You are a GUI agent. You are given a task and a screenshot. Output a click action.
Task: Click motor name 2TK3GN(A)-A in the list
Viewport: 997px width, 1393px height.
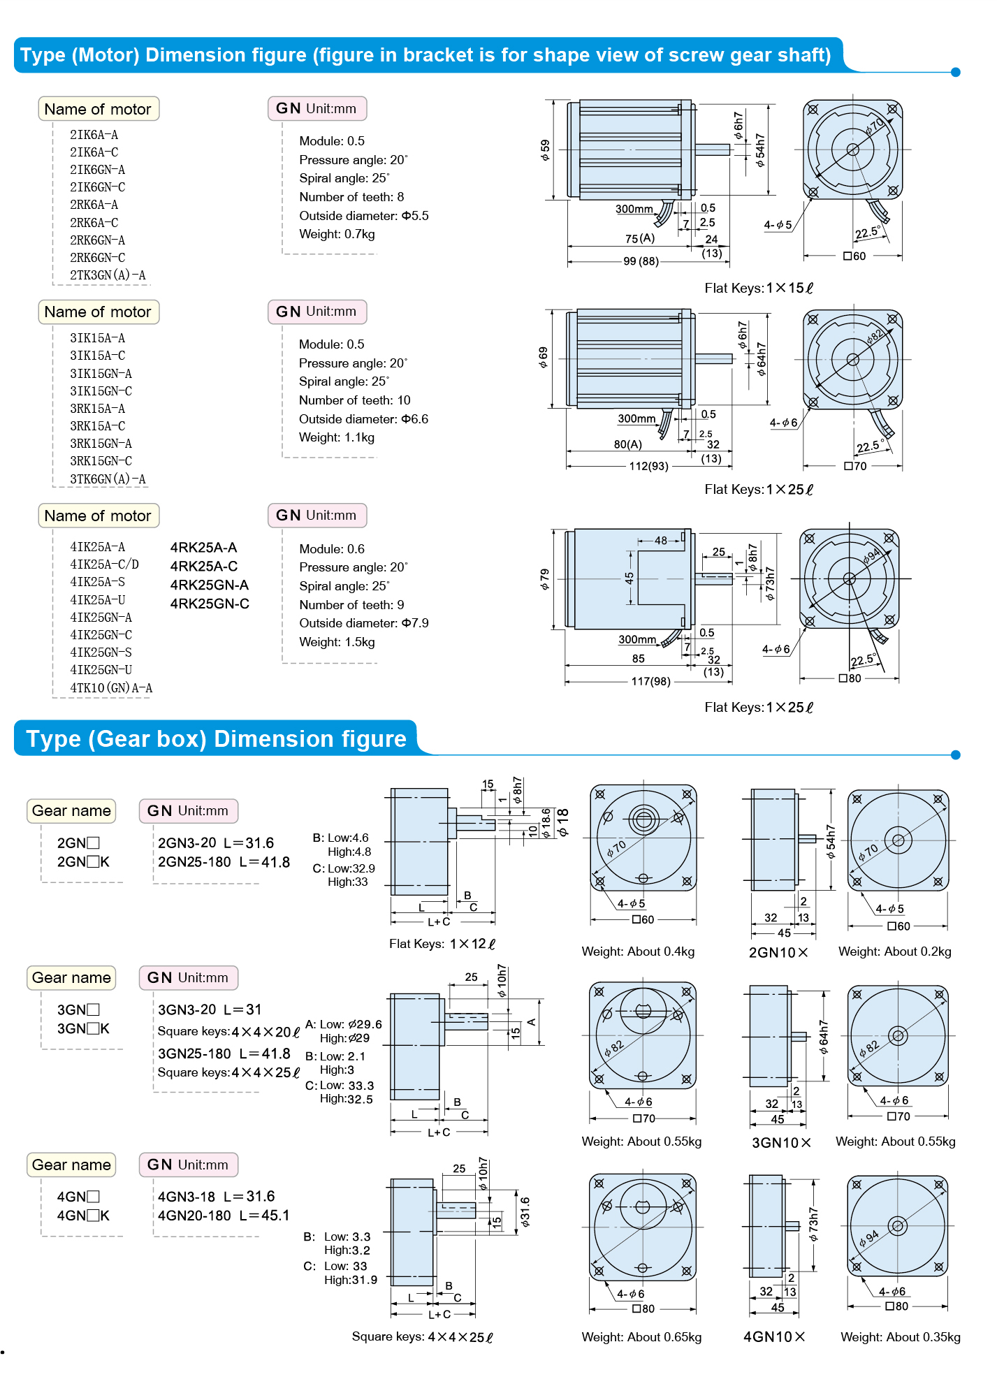tap(108, 275)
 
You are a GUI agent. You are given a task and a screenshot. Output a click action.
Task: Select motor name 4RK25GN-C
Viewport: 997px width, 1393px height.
tap(210, 604)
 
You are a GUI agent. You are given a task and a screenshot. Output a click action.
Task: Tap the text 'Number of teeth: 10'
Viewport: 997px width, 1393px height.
tap(354, 400)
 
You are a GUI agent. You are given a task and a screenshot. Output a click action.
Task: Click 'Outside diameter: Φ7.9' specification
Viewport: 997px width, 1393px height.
tap(363, 623)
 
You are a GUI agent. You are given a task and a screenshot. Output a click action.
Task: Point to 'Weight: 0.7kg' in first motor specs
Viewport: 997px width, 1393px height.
tap(337, 234)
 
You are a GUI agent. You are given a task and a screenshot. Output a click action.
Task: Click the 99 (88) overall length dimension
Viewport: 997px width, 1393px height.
tap(640, 261)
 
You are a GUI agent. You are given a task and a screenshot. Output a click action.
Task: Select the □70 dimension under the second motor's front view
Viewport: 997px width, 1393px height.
tap(855, 466)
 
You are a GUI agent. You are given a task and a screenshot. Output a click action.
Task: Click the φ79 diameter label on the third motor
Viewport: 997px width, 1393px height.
tap(545, 579)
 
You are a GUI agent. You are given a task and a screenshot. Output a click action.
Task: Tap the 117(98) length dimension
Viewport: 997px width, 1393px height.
tap(650, 681)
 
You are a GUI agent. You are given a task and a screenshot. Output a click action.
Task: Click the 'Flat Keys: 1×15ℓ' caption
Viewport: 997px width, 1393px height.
tap(759, 289)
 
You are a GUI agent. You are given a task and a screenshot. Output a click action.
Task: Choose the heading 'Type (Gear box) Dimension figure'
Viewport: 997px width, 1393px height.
tap(216, 739)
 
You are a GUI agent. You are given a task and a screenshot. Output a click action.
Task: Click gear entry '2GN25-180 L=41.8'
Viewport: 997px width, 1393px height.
tap(224, 862)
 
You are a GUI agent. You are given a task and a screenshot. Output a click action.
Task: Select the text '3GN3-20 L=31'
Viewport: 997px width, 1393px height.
tap(210, 1009)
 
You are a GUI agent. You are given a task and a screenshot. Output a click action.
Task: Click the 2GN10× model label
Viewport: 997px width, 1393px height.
tap(778, 952)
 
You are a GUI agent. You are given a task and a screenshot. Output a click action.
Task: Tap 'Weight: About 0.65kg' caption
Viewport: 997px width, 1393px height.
tap(641, 1336)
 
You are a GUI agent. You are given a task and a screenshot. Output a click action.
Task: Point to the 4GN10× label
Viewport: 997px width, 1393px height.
tap(774, 1336)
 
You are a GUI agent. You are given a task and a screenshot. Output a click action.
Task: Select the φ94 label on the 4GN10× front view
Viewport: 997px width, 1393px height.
tap(869, 1239)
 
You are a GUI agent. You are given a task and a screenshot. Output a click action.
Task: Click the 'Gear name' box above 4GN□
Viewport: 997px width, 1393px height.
tap(71, 1165)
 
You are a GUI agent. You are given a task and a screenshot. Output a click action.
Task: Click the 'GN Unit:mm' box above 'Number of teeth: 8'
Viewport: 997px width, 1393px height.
tap(317, 108)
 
